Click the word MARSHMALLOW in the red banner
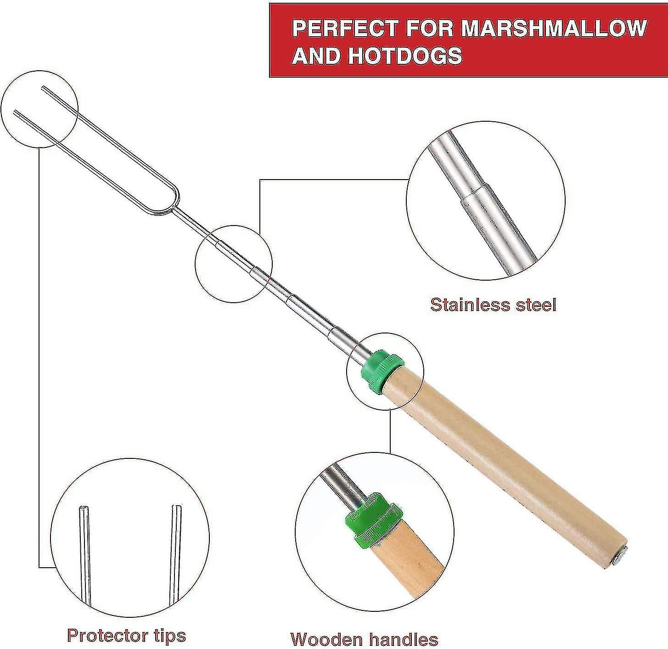point(554,28)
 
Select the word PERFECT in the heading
point(345,28)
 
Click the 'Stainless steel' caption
point(493,305)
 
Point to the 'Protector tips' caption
point(126,635)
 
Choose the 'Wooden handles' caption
point(364,639)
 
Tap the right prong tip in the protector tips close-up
point(177,509)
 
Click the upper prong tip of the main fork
point(43,87)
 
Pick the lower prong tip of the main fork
point(16,112)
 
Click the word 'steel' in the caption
point(533,305)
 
